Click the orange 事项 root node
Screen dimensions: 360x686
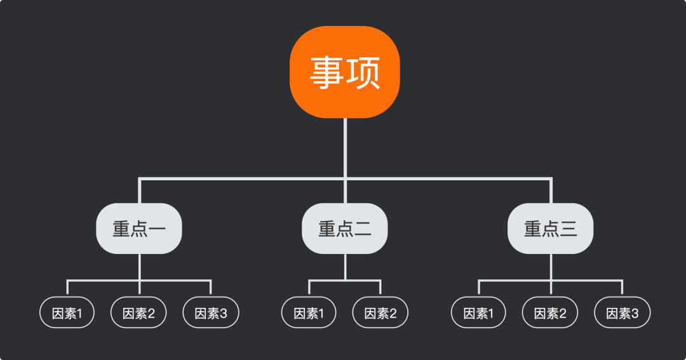(345, 72)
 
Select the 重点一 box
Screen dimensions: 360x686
(139, 229)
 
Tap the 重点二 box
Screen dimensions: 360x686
(345, 229)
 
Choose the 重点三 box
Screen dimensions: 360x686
(551, 229)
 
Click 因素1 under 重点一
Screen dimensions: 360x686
(67, 312)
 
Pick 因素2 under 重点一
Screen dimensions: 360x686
(139, 312)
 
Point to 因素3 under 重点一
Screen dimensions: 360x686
(211, 312)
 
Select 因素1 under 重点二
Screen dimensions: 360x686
(309, 312)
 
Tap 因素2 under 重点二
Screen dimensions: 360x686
(380, 312)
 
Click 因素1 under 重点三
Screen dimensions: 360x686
(479, 312)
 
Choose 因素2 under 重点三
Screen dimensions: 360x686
(551, 312)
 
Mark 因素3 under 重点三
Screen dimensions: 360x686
(622, 312)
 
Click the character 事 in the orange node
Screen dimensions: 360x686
(327, 72)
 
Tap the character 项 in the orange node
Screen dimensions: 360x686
(363, 72)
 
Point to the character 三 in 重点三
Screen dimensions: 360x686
(568, 229)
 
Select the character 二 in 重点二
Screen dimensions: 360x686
(363, 229)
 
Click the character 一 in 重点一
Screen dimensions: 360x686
(157, 229)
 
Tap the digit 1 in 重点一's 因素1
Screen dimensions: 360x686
(79, 313)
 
